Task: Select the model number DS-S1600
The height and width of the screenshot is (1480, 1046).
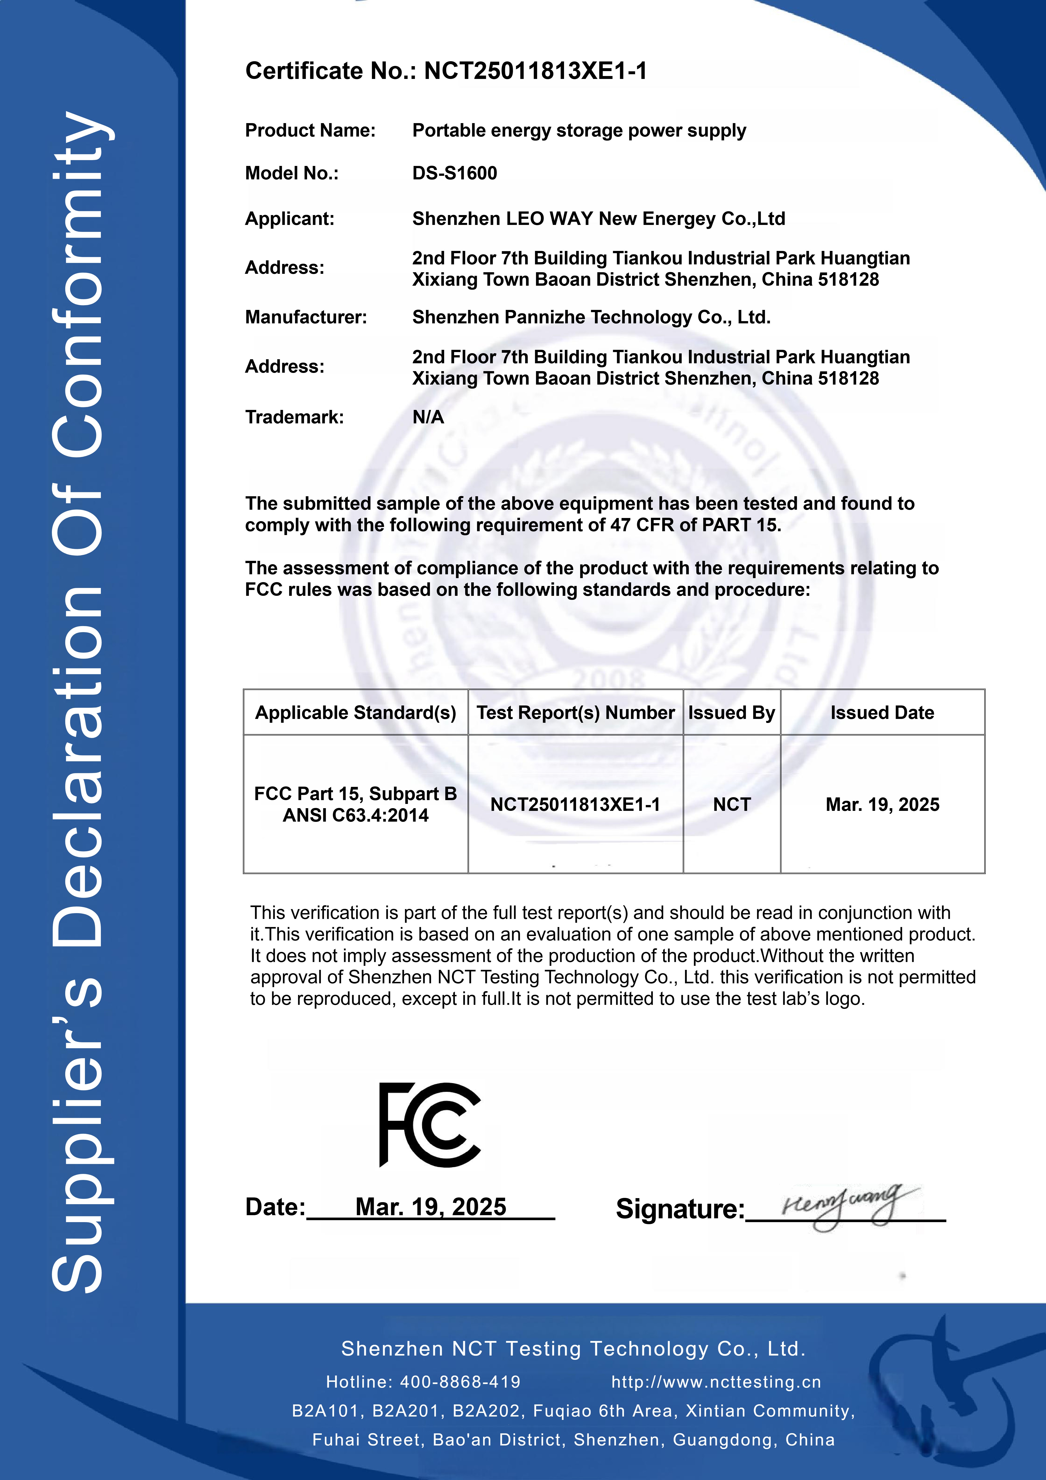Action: tap(454, 173)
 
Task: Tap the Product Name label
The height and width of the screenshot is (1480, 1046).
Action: tap(310, 131)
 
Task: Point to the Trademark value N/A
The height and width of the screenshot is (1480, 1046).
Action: tap(428, 417)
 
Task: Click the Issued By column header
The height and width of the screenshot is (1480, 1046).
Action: tap(731, 712)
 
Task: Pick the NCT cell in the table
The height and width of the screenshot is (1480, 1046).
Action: tap(731, 804)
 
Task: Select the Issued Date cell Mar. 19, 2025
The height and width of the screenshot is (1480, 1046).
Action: tap(882, 804)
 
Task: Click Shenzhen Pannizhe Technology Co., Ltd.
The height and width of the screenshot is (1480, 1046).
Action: tap(591, 317)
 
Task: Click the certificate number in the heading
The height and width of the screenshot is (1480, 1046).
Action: tap(535, 71)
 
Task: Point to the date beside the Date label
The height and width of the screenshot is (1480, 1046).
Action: tap(430, 1207)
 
